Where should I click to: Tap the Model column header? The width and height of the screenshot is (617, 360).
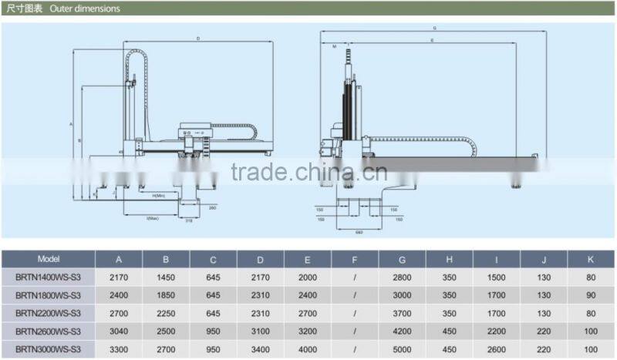[x=48, y=259]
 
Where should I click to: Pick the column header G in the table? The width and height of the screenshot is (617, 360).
[x=402, y=259]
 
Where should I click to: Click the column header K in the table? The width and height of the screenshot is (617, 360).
[x=590, y=259]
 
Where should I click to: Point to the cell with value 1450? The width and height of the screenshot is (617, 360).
[x=166, y=276]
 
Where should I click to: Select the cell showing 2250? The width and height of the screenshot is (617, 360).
[x=166, y=312]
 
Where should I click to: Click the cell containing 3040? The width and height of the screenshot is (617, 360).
[x=119, y=330]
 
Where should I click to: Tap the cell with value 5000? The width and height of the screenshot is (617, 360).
[x=402, y=348]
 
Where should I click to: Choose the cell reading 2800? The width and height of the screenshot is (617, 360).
[x=402, y=276]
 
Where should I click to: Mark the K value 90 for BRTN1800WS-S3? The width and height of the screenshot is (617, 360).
[x=590, y=294]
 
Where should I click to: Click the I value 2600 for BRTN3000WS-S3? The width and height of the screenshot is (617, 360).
[x=496, y=348]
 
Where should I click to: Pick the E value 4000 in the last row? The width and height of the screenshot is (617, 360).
[x=308, y=348]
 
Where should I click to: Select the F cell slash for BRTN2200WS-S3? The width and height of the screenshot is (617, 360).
[x=355, y=312]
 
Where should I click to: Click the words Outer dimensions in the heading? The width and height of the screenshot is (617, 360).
[x=85, y=9]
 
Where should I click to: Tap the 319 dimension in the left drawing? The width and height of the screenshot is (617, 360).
[x=188, y=220]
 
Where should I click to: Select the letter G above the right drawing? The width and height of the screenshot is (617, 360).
[x=434, y=29]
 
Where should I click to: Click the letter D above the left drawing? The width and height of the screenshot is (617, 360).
[x=198, y=38]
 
